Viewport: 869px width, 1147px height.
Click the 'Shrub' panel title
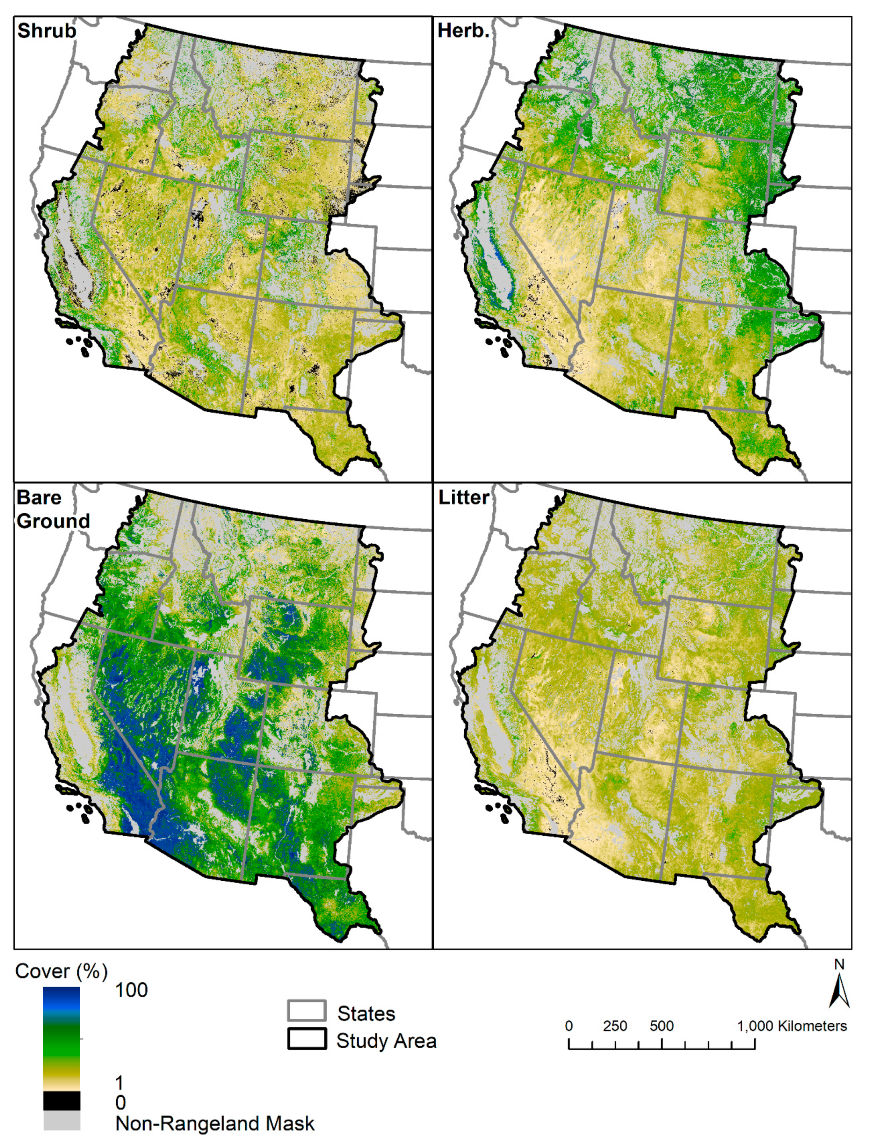coord(47,31)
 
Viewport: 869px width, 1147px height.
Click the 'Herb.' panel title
coord(463,31)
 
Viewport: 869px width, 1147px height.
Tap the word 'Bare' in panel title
coord(39,498)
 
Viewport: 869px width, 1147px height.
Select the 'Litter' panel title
coord(463,498)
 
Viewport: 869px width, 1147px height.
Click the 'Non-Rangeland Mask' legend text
coord(214,1124)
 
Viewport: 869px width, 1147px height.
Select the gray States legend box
coord(306,1011)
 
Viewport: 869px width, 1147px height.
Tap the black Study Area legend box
coord(306,1039)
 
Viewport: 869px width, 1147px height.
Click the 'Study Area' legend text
coord(386,1041)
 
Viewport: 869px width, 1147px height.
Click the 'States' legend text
coord(366,1013)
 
